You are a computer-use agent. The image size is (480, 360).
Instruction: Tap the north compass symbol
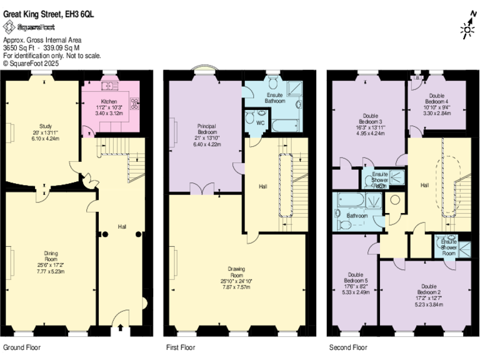467,26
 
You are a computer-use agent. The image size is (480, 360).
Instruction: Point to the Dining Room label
51,262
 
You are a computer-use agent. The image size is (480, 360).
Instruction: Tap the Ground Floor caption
22,347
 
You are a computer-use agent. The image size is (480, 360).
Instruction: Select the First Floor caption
181,347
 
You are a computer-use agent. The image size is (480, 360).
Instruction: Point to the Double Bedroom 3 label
371,122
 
